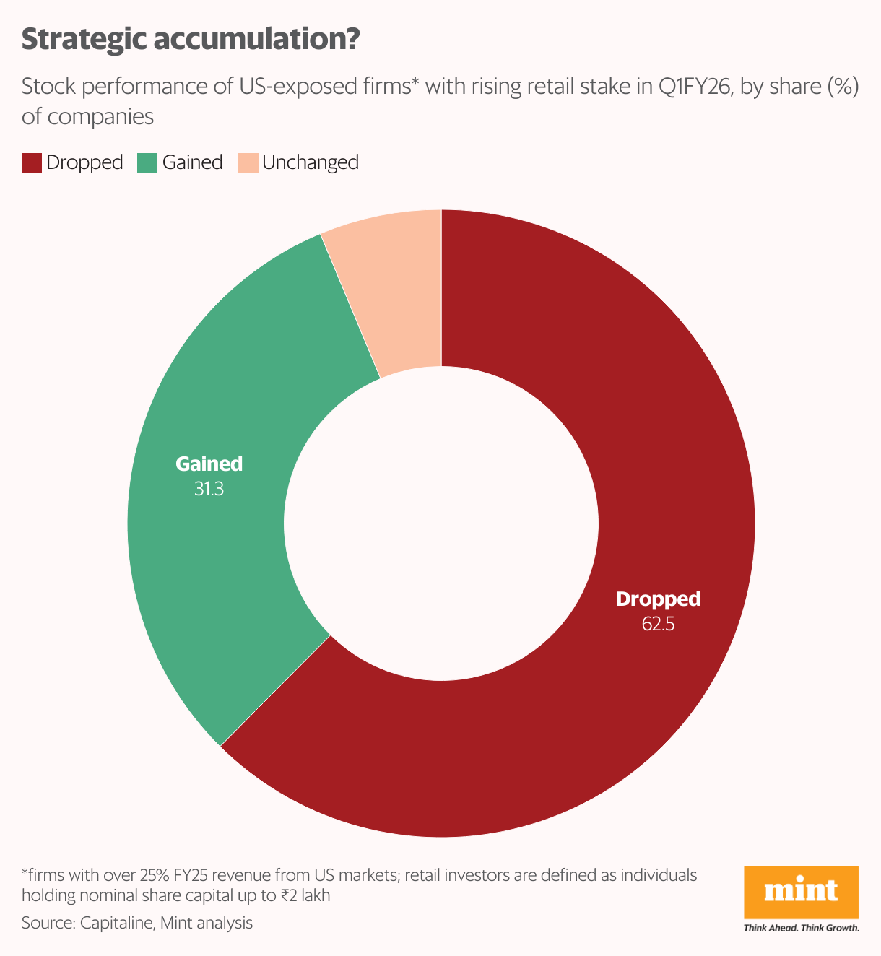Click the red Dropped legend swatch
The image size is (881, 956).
click(32, 162)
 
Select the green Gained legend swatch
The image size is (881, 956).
click(147, 162)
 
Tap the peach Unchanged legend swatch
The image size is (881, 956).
click(248, 162)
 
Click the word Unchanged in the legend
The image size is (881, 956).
click(311, 162)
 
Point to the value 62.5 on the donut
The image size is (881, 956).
click(658, 624)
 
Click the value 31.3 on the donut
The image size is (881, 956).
click(209, 489)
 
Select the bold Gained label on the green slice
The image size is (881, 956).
click(209, 464)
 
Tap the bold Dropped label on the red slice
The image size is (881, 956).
click(658, 599)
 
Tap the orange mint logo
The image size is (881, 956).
click(801, 892)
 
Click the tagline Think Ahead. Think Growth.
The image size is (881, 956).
click(801, 928)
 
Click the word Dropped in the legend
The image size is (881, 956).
click(84, 162)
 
